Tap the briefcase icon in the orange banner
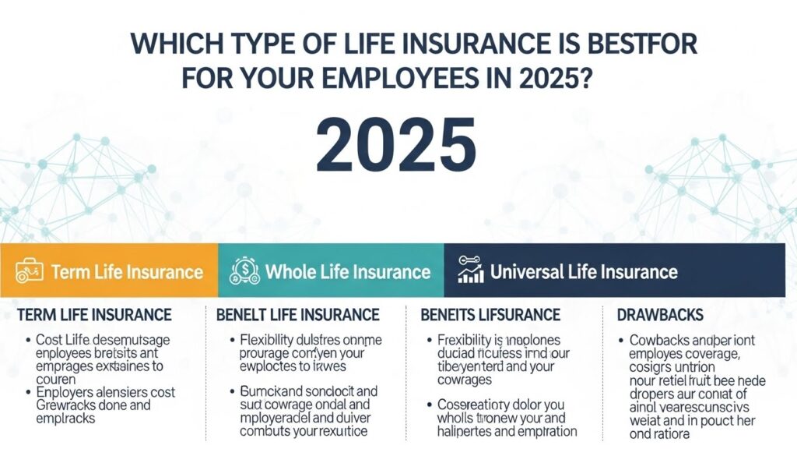[x=29, y=271]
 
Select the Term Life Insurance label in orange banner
[x=127, y=272]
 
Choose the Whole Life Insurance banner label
[x=348, y=271]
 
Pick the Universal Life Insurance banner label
[x=584, y=271]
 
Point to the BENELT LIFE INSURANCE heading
[x=297, y=315]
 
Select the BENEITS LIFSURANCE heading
[x=490, y=315]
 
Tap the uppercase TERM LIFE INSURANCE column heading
[x=93, y=315]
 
